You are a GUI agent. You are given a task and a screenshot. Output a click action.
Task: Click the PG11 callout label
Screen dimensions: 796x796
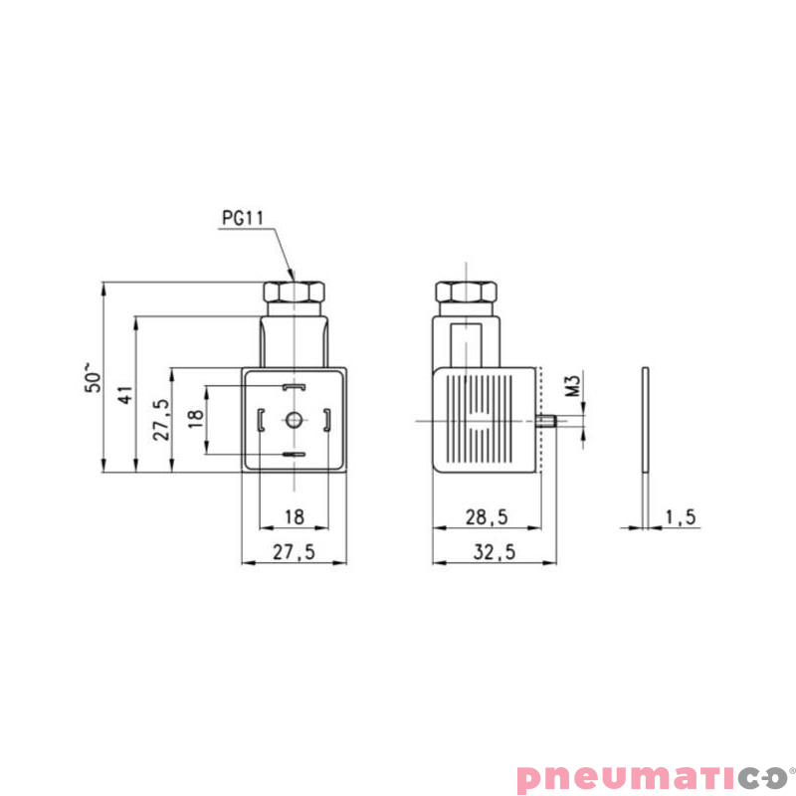(x=243, y=218)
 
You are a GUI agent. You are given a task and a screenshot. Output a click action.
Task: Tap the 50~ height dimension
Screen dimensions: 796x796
(x=93, y=377)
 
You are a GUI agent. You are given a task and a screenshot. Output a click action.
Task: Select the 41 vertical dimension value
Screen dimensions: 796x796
(x=125, y=394)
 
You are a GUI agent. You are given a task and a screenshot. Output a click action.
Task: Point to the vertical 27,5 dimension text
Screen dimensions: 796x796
(x=161, y=419)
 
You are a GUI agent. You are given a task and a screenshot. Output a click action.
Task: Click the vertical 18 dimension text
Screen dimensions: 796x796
(x=196, y=418)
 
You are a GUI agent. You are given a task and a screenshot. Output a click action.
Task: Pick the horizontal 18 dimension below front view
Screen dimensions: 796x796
(x=295, y=516)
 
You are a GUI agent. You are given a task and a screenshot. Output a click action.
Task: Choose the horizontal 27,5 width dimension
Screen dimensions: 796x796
(x=294, y=552)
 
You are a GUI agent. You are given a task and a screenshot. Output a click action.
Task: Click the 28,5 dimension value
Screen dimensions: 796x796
(x=487, y=516)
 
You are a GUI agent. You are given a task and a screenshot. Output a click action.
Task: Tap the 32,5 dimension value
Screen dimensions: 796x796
(x=494, y=552)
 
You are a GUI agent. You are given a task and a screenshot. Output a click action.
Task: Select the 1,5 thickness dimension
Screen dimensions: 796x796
(x=681, y=516)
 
